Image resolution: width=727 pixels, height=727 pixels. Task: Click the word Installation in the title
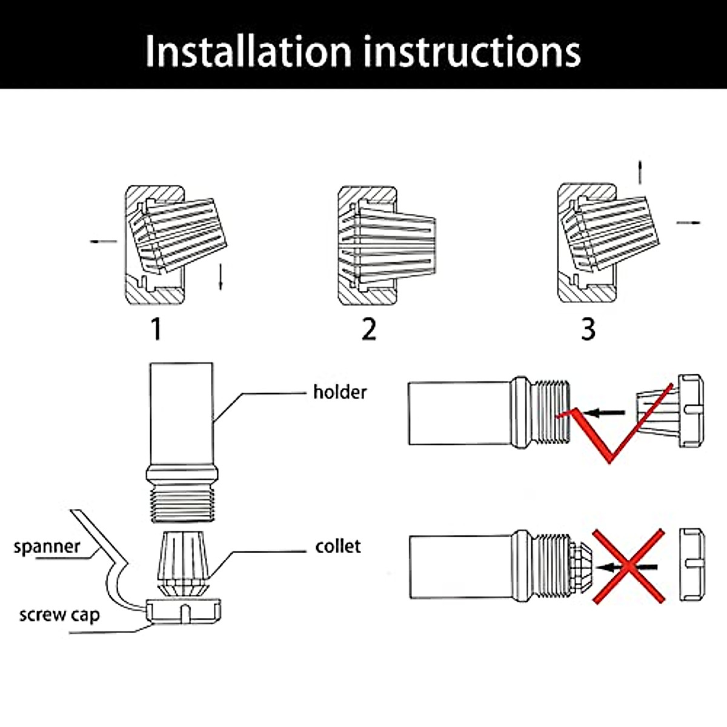248,51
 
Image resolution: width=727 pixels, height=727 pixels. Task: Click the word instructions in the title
473,51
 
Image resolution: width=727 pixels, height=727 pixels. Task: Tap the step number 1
156,330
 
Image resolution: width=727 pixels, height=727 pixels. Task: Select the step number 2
369,330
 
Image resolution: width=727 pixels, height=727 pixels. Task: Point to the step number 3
588,330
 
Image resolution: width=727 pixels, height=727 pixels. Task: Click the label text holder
340,393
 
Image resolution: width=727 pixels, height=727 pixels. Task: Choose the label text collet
337,546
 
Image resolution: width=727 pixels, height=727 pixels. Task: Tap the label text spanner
47,546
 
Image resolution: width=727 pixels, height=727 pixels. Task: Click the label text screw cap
59,616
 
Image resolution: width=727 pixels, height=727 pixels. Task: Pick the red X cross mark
628,566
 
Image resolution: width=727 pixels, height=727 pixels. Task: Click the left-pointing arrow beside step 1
104,242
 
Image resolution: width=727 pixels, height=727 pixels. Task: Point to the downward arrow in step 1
221,277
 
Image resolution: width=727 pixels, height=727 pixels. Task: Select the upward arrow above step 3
640,172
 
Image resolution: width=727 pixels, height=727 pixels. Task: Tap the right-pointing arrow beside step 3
688,223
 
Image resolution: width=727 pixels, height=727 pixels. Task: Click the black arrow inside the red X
627,568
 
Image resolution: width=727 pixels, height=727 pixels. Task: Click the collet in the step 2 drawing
394,245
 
